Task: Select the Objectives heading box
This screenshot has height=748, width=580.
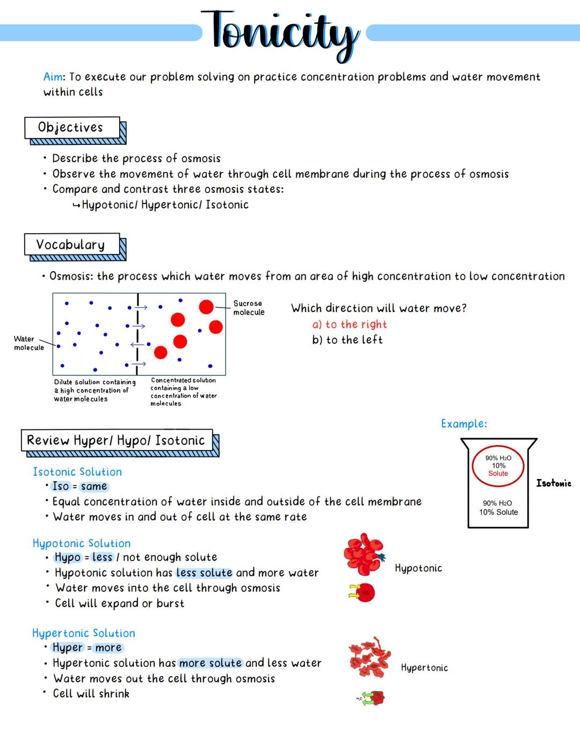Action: point(72,128)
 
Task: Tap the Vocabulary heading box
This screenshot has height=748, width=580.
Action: point(72,245)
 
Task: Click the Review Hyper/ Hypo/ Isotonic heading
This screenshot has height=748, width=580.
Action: point(117,441)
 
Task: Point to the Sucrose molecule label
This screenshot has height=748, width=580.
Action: point(249,308)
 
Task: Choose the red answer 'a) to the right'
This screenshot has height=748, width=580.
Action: point(349,324)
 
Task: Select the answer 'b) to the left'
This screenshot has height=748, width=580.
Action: point(347,340)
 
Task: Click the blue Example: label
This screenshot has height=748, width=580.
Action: point(464,424)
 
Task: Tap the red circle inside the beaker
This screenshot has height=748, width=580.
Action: point(498,466)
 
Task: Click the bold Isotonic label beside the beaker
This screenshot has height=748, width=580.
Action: point(553,483)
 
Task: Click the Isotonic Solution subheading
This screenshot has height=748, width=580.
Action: point(77,472)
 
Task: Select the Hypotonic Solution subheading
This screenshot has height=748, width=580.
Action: point(82,543)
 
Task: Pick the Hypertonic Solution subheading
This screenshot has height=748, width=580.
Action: point(84,633)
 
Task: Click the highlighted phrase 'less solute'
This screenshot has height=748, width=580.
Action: point(204,573)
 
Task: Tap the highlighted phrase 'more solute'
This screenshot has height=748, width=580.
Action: point(211,663)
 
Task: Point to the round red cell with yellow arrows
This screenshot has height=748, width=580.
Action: point(365,593)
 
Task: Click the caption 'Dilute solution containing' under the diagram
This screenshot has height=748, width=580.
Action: point(95,382)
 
